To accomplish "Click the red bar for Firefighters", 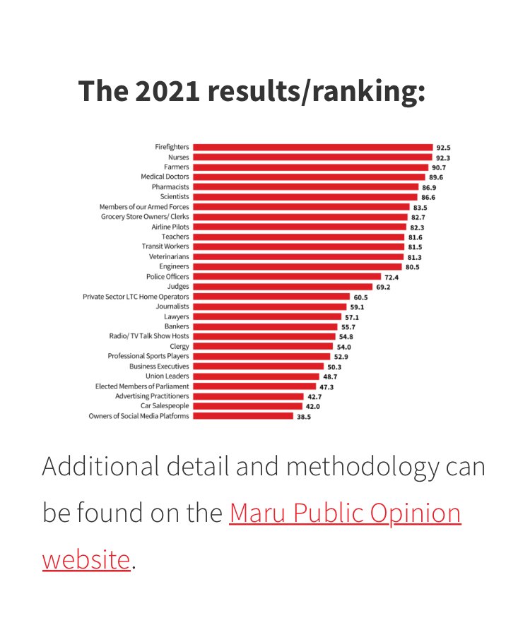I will click(x=312, y=147).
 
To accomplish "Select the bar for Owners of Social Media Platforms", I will click(x=242, y=416).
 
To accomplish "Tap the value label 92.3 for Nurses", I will click(x=443, y=157).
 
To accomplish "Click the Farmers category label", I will click(x=177, y=167).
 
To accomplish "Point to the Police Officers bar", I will click(x=286, y=277).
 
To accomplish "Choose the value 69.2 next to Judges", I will click(x=383, y=287).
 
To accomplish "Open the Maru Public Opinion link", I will click(x=345, y=513).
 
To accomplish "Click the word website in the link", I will click(x=86, y=559).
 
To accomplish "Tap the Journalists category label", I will click(x=172, y=307).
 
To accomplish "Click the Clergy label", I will click(x=179, y=346).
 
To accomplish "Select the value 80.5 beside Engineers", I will click(x=412, y=267).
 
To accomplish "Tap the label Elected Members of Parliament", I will click(x=142, y=386).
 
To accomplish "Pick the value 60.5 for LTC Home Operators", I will click(x=360, y=297).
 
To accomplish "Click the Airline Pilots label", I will click(x=170, y=227).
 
